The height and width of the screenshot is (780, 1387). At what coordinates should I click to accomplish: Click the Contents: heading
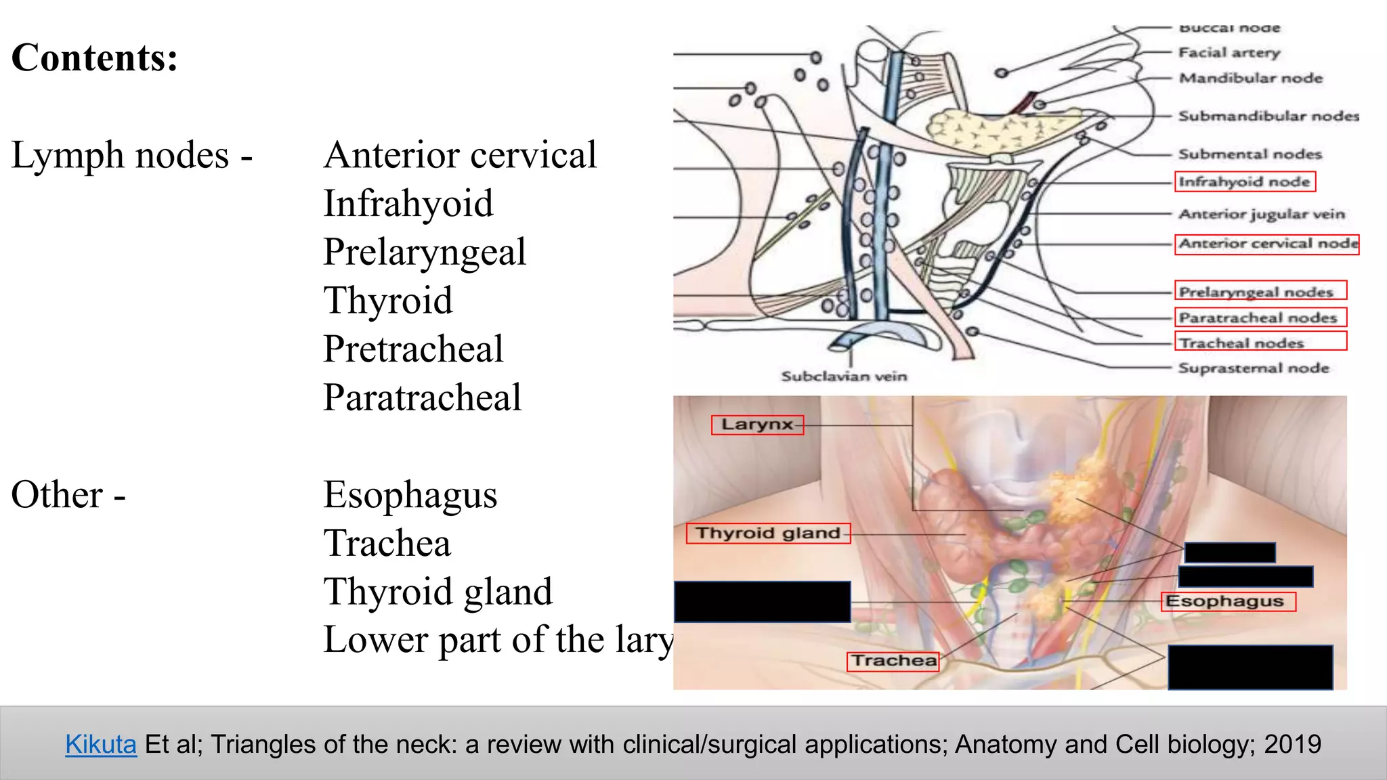point(95,58)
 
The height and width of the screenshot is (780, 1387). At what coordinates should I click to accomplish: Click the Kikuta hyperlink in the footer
point(101,744)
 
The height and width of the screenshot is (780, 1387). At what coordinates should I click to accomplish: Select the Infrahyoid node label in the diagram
point(1244,181)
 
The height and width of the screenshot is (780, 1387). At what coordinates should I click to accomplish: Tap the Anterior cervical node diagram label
point(1267,244)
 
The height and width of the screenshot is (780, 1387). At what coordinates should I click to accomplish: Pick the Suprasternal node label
point(1253,368)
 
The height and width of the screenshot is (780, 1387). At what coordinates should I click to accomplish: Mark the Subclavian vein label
point(843,376)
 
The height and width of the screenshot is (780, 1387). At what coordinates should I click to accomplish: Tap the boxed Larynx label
point(757,425)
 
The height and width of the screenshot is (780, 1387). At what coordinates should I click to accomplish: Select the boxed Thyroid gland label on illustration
point(768,534)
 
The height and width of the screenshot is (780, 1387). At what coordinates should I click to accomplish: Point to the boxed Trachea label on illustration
point(893,661)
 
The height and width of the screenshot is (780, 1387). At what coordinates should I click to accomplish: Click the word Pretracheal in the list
point(413,349)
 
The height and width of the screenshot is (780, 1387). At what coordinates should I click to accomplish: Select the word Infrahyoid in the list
point(408,204)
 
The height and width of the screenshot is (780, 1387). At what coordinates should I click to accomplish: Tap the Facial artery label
point(1229,53)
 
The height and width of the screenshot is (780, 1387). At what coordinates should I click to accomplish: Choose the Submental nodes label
point(1250,154)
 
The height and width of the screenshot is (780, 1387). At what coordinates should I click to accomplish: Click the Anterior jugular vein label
point(1261,214)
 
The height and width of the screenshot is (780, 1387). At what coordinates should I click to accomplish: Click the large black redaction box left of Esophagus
point(763,601)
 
